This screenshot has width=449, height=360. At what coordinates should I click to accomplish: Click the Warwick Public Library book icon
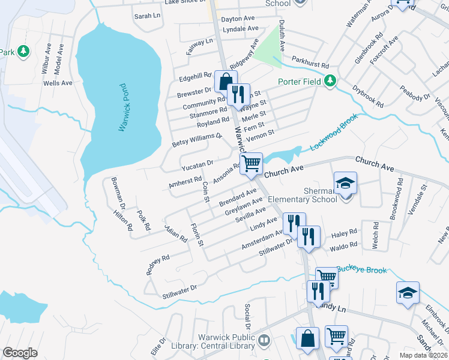(264, 341)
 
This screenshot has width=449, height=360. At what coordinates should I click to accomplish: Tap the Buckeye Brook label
(361, 271)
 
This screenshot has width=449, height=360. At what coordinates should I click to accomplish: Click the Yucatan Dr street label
(197, 163)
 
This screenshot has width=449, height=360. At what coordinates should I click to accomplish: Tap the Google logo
(20, 353)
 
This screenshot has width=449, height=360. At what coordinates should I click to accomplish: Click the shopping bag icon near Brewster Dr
(225, 82)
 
